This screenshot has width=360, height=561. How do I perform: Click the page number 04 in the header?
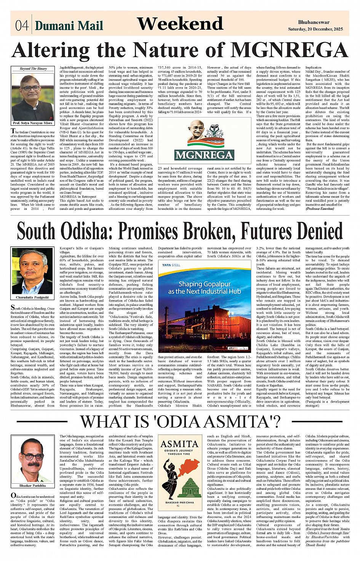22,25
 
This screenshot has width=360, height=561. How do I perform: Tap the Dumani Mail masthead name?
69,26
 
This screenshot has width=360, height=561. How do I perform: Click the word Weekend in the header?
180,24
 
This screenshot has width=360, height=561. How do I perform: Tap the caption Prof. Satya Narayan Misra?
32,123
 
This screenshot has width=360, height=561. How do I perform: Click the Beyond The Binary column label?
33,69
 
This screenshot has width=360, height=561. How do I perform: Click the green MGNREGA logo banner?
204,154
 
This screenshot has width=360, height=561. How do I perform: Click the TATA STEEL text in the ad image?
171,265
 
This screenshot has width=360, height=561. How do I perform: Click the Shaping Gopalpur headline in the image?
204,288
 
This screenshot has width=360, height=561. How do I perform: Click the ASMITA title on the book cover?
179,444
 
